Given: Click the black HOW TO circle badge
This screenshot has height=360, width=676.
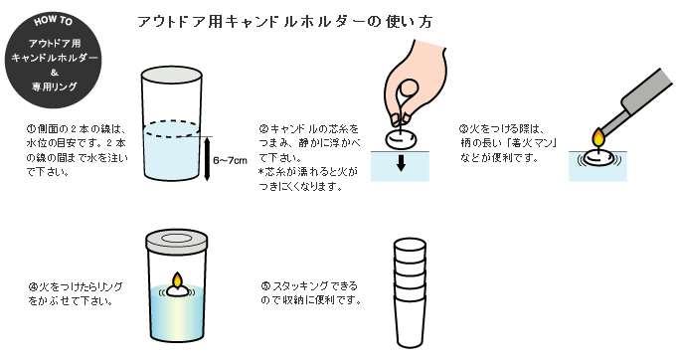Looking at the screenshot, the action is (x=54, y=60).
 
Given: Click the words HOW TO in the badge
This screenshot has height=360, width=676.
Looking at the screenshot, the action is (x=53, y=21).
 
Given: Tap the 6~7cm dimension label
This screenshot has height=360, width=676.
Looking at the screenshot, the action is (x=231, y=161).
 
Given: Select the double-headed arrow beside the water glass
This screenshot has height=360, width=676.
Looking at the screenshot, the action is (x=207, y=158).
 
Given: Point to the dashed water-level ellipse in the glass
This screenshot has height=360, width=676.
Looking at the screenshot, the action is (x=172, y=129).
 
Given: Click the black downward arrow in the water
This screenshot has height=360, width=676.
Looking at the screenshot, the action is (x=401, y=163).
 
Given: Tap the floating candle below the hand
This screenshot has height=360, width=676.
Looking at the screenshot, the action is (x=401, y=139).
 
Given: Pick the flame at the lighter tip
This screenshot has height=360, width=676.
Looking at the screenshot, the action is (x=598, y=138).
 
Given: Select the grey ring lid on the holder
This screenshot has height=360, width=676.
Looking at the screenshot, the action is (x=177, y=240).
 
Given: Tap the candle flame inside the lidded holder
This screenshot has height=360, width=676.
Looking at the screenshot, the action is (x=177, y=279).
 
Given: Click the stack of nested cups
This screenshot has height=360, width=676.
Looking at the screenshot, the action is (x=410, y=292).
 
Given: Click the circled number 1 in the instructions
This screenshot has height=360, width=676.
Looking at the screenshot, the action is (x=31, y=129).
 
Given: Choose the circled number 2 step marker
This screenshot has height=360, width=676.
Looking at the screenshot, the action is (x=263, y=128).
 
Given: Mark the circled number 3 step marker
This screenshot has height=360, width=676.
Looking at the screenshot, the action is (x=464, y=129).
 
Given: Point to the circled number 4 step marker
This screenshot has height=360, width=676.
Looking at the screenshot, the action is (x=33, y=286).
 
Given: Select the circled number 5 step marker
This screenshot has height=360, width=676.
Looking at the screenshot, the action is (x=265, y=285).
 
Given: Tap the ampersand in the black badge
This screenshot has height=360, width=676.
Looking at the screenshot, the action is (x=54, y=73).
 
